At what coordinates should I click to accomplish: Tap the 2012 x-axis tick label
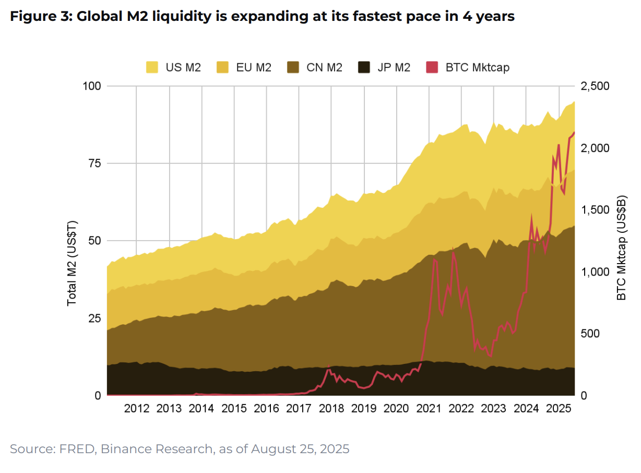[136, 408]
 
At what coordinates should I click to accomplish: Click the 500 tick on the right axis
[591, 334]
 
